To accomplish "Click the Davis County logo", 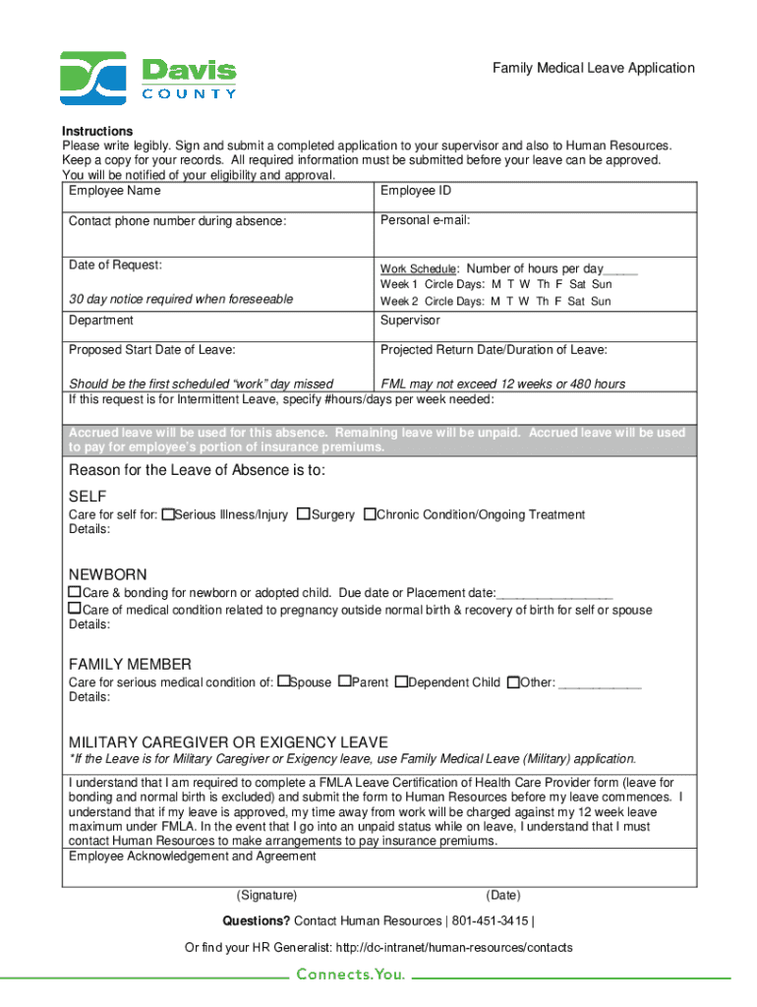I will [x=147, y=78].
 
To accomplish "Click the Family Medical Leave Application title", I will [x=593, y=68].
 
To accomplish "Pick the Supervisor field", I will [x=536, y=327].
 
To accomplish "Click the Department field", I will [x=217, y=327].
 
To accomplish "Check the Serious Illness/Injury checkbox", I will [x=168, y=514].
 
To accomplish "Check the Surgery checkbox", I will [x=304, y=514].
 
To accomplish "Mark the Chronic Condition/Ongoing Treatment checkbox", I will [x=370, y=514].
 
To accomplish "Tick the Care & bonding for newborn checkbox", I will [x=74, y=593].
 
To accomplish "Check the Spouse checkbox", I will [x=283, y=681].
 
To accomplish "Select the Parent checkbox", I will [x=344, y=681].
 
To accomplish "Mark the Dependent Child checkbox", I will [x=400, y=681].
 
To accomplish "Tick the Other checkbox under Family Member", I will [x=512, y=681].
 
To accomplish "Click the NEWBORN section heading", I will [x=107, y=574].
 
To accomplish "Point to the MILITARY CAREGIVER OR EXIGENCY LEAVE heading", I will [x=228, y=742].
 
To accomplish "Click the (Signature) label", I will [x=266, y=896].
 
